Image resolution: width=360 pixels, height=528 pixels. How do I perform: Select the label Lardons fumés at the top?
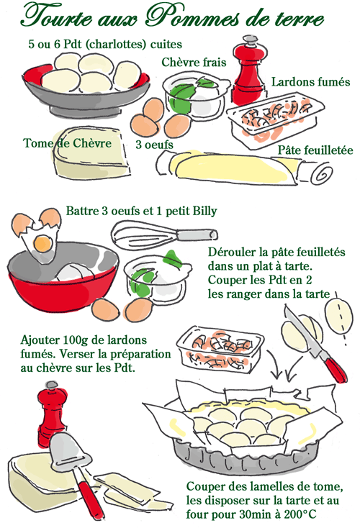pyautogui.click(x=305, y=82)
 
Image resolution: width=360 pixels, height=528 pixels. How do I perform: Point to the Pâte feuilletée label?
pyautogui.click(x=315, y=150)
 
